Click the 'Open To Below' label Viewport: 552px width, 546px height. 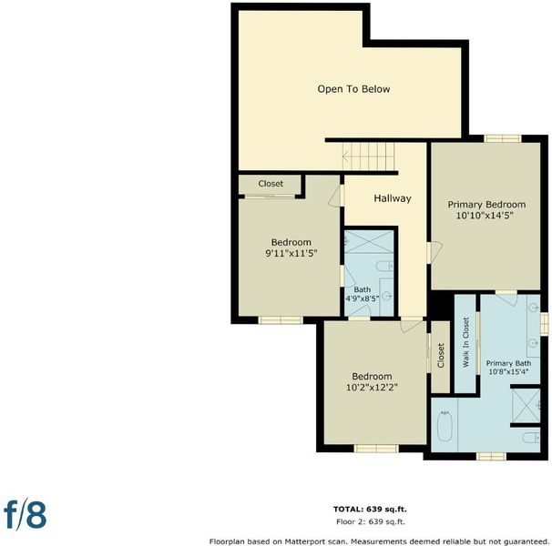(x=353, y=89)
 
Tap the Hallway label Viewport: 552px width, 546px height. (x=393, y=198)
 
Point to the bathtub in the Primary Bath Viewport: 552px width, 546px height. (x=445, y=427)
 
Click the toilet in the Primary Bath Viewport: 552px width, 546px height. (x=531, y=438)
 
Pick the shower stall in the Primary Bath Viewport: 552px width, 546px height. (x=526, y=406)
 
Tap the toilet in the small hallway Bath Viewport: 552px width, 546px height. (x=384, y=266)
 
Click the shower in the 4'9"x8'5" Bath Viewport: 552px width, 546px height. (x=369, y=242)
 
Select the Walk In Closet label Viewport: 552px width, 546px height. (x=465, y=343)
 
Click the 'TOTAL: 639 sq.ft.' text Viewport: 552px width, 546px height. (x=370, y=509)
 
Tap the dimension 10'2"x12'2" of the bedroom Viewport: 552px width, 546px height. (x=372, y=388)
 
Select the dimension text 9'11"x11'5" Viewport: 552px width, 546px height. (x=291, y=253)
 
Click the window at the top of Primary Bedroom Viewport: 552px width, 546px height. (x=503, y=138)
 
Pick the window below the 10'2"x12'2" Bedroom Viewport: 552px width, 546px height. (x=376, y=449)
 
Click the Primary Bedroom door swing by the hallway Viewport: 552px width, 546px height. (x=434, y=251)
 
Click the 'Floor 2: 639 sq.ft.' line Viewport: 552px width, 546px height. (x=371, y=521)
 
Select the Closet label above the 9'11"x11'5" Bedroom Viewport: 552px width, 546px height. (x=271, y=184)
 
